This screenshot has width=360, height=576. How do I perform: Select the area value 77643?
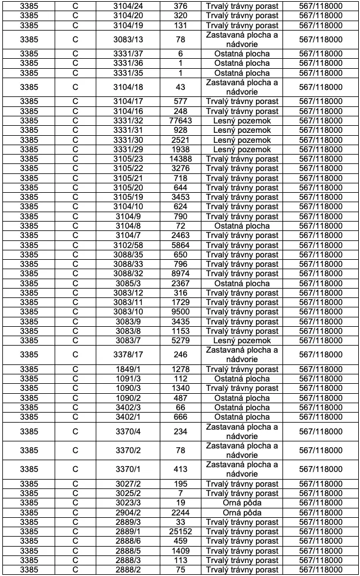coord(180,120)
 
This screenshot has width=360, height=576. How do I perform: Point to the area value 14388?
coord(180,159)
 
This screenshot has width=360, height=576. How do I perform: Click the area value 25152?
coord(180,532)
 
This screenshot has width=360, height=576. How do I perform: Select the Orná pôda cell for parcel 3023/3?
coord(243,503)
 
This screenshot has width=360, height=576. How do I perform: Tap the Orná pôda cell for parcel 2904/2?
coord(243,513)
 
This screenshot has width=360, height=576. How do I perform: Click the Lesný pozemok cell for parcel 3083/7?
coord(243,340)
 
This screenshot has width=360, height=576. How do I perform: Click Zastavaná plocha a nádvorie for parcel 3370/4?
coord(243,431)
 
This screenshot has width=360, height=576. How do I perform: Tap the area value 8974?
coord(180,273)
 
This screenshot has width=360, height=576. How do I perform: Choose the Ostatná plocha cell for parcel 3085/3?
coord(243,283)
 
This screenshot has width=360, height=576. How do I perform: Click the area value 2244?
coord(180,513)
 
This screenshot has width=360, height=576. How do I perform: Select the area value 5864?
coord(180,245)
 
